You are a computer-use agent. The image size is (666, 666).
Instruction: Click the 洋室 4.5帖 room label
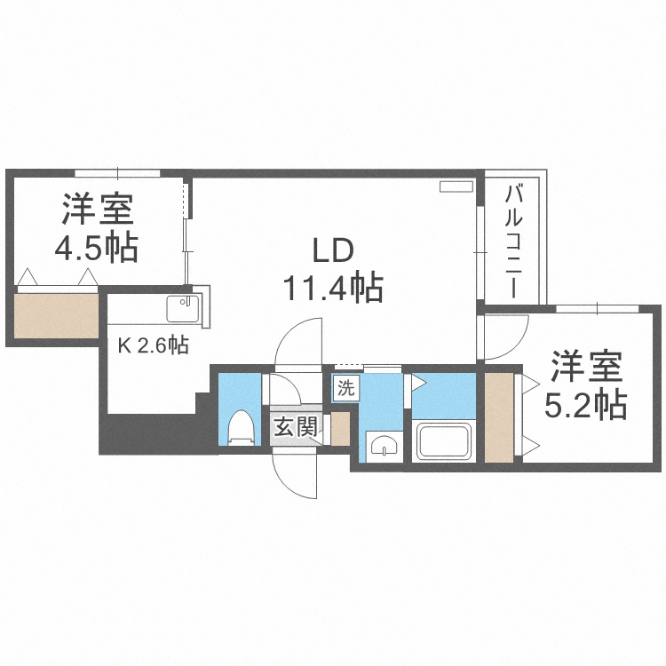tap(98, 228)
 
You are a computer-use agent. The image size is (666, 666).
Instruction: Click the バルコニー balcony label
tap(513, 239)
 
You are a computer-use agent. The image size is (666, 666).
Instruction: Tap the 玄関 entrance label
tap(294, 427)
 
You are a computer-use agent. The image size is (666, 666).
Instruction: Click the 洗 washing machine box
tap(345, 386)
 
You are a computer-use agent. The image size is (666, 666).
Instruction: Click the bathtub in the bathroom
tap(445, 441)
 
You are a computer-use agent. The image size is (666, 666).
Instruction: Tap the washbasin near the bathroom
tap(383, 443)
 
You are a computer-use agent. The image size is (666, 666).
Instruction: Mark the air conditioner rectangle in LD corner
tap(457, 187)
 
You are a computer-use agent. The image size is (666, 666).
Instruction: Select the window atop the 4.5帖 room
tap(116, 172)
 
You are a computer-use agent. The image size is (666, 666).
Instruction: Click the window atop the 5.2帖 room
tap(599, 308)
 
